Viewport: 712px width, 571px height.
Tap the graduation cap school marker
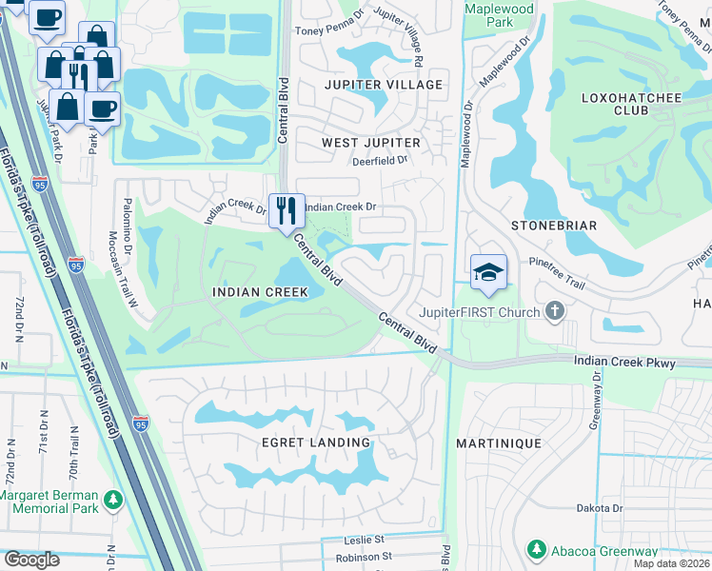[488, 271]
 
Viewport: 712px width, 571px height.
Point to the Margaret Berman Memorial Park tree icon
[113, 499]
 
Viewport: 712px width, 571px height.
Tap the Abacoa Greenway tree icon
[537, 551]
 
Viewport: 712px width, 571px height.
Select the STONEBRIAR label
[553, 226]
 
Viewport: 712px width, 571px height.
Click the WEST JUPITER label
[370, 143]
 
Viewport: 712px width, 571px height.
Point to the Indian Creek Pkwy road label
[623, 362]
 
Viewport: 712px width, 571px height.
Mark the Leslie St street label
[364, 540]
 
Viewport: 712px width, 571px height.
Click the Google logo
[31, 560]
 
